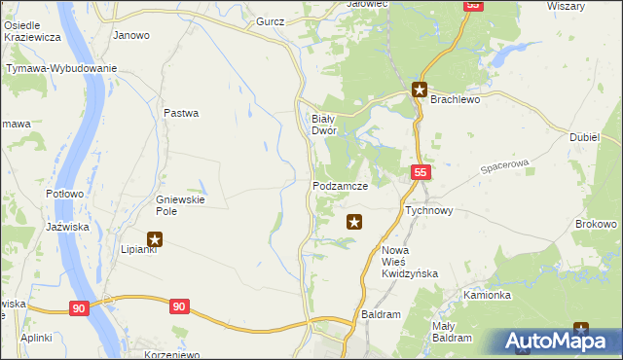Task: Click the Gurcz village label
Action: pyautogui.click(x=270, y=20)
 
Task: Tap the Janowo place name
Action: pyautogui.click(x=131, y=35)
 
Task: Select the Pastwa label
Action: pyautogui.click(x=181, y=113)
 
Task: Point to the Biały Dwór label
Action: pyautogui.click(x=323, y=124)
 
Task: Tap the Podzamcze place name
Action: pyautogui.click(x=340, y=185)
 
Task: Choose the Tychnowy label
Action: pyautogui.click(x=428, y=209)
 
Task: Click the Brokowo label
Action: pyautogui.click(x=597, y=224)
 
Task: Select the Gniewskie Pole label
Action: pyautogui.click(x=176, y=205)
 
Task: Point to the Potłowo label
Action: pyautogui.click(x=66, y=194)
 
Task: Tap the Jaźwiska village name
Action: pyautogui.click(x=68, y=227)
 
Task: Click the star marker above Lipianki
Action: pyautogui.click(x=154, y=238)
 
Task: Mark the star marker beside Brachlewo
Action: pyautogui.click(x=420, y=91)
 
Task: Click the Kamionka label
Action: pyautogui.click(x=487, y=295)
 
